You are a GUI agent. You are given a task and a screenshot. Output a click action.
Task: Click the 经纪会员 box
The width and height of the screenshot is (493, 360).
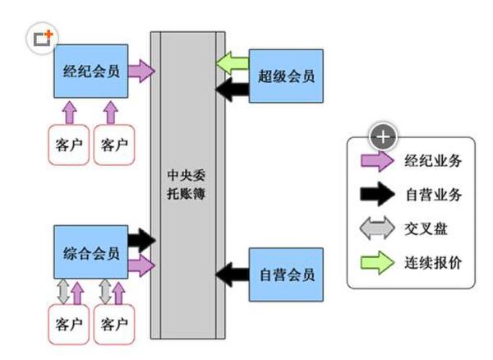point(90,72)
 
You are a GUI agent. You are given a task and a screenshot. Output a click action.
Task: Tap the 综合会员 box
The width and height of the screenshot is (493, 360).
point(90,252)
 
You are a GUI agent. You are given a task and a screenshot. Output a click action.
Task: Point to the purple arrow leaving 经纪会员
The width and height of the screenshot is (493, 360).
point(142,71)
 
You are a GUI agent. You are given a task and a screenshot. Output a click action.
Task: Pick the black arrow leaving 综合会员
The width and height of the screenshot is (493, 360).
point(141,240)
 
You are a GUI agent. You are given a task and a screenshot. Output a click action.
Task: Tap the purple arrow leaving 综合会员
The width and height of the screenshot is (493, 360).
point(141,264)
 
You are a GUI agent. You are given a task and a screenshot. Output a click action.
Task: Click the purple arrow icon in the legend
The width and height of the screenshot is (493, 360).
point(375,161)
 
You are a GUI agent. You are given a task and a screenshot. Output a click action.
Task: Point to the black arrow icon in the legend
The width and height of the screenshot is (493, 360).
point(375,195)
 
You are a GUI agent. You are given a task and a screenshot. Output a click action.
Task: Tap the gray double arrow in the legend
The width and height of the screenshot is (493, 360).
point(375,229)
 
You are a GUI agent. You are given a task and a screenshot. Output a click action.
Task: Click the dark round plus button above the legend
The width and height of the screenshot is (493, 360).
point(385,135)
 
